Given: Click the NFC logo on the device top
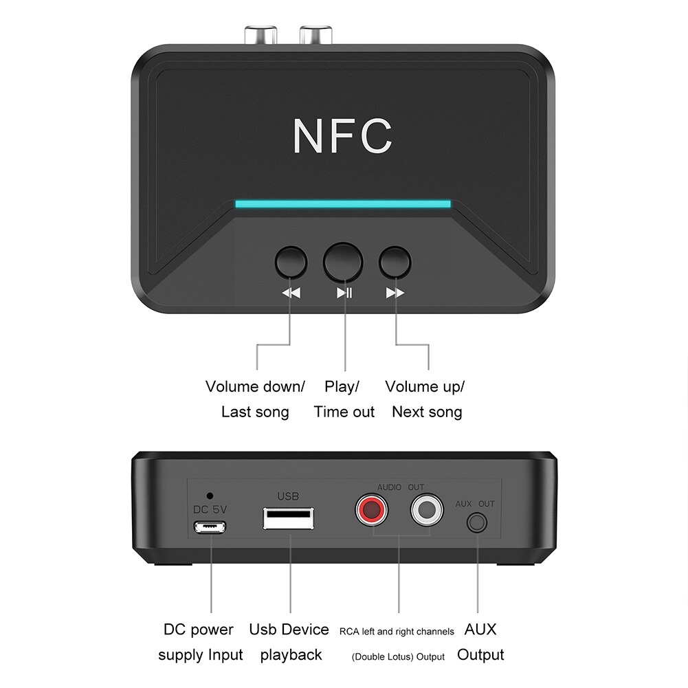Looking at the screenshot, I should [x=342, y=136].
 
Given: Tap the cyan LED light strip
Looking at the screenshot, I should [x=342, y=203].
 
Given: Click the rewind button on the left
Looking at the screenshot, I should [x=291, y=262].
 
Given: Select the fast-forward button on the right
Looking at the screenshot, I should [x=395, y=262].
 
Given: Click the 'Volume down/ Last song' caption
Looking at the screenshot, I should [x=255, y=399].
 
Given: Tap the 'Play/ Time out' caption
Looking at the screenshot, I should [x=344, y=399].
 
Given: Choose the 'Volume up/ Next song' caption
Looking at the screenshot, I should [x=425, y=399].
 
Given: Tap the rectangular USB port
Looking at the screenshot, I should [x=289, y=518].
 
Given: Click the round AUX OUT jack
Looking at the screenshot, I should [x=476, y=524].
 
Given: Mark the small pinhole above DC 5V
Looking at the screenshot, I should [x=210, y=495].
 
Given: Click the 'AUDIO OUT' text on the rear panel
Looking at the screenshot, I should [x=400, y=487].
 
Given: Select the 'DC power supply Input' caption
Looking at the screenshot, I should [x=200, y=642].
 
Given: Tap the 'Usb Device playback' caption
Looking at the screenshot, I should [x=289, y=642].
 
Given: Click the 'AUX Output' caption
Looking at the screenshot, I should [x=480, y=642].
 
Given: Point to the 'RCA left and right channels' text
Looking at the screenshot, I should [x=397, y=631].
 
